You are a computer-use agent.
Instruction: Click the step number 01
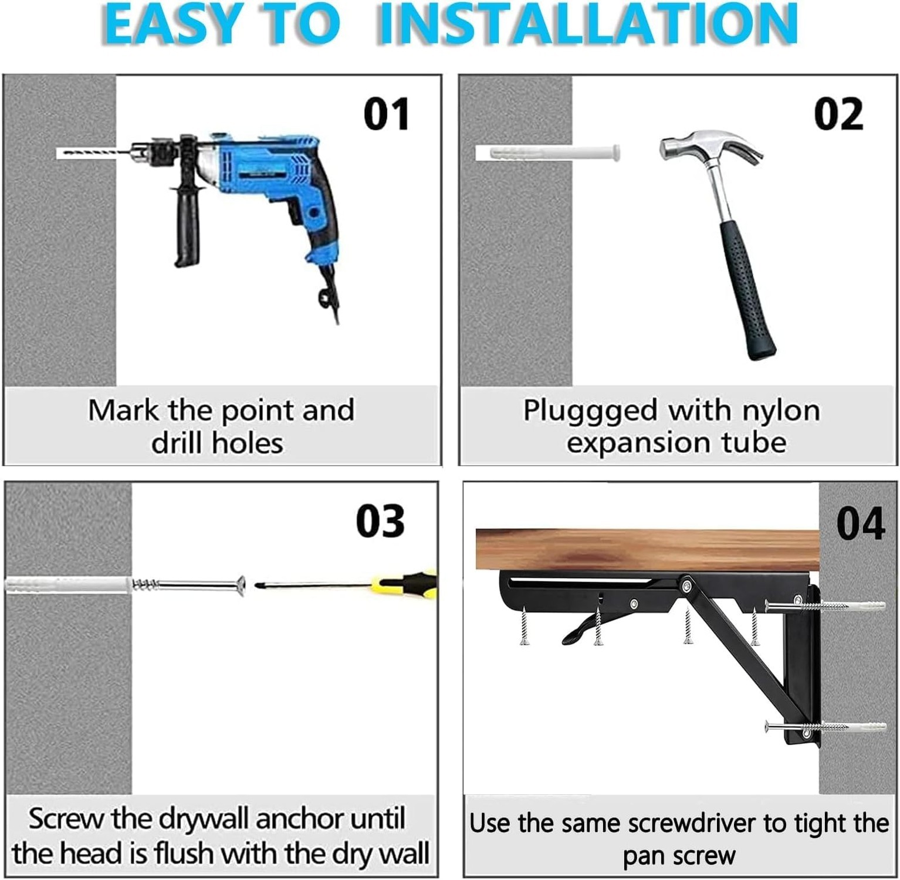(x=386, y=114)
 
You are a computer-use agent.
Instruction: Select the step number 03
(x=380, y=521)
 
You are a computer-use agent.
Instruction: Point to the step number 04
(x=860, y=524)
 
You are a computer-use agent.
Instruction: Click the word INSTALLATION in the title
(x=586, y=25)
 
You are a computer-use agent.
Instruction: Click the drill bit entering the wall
(x=94, y=153)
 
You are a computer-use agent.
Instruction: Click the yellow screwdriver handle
(x=411, y=584)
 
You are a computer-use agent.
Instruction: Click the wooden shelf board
(x=645, y=549)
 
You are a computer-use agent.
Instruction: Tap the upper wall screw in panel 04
(x=821, y=606)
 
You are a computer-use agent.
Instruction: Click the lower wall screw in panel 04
(x=821, y=728)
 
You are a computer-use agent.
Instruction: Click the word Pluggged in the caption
(x=590, y=411)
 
